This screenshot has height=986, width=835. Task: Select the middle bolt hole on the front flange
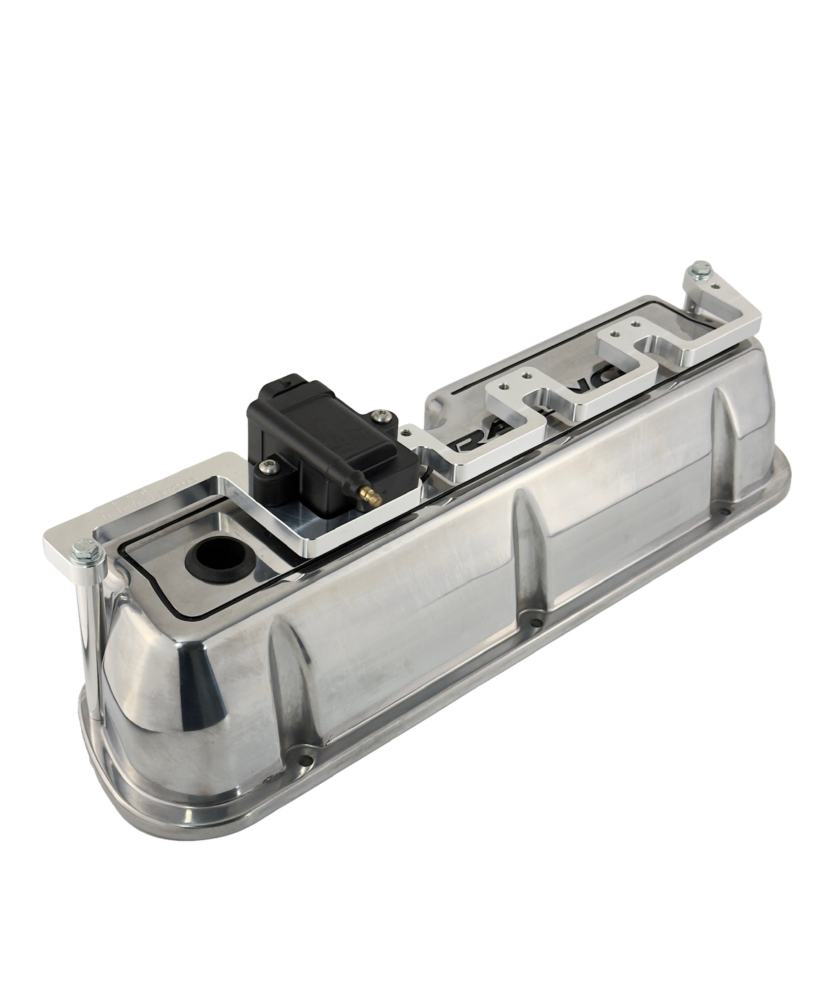pos(538,623)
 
